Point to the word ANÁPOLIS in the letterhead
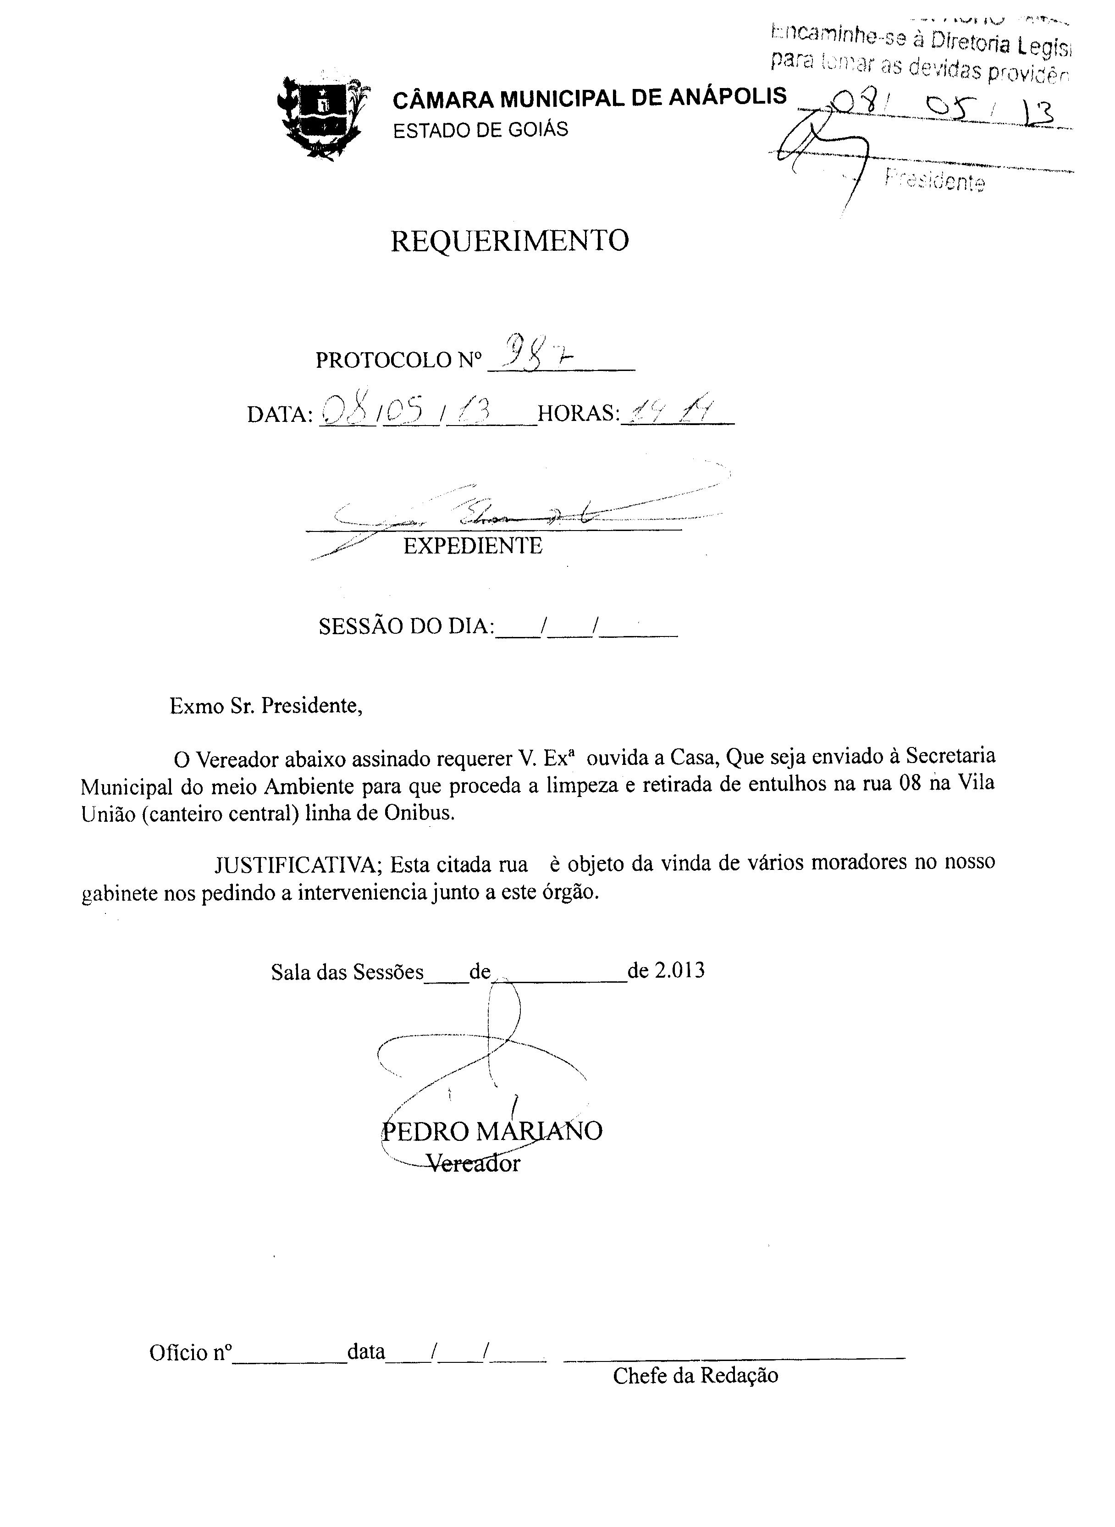pyautogui.click(x=727, y=97)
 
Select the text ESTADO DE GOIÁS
pyautogui.click(x=480, y=130)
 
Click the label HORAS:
pyautogui.click(x=578, y=413)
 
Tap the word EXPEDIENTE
pyautogui.click(x=473, y=545)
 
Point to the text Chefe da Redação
pyautogui.click(x=695, y=1375)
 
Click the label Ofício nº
pyautogui.click(x=190, y=1352)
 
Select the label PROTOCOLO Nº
pyautogui.click(x=399, y=360)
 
